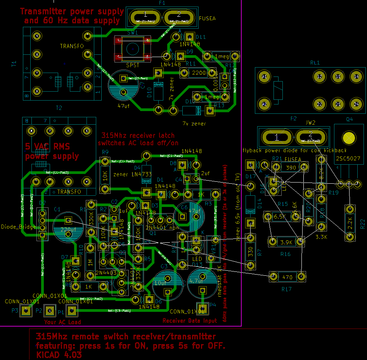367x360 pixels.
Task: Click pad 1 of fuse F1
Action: click(146, 17)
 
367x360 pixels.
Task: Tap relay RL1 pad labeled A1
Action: click(265, 77)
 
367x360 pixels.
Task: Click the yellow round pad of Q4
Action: click(349, 138)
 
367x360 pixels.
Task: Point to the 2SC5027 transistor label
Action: click(349, 158)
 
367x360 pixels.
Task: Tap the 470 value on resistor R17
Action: click(287, 277)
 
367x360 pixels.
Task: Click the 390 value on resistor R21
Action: click(291, 168)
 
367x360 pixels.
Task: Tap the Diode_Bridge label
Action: click(19, 227)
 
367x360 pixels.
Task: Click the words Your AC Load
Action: click(62, 322)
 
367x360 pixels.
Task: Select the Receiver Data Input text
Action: click(190, 321)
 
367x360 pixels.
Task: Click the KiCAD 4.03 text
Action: click(59, 355)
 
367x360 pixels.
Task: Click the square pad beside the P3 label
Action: click(26, 311)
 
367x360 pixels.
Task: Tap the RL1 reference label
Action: click(315, 63)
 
